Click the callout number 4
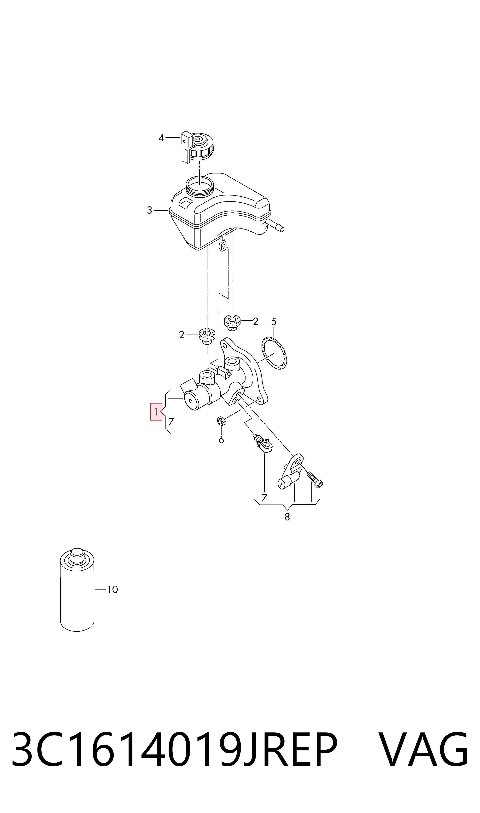[x=161, y=138]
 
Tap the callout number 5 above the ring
[x=274, y=322]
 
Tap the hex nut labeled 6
[x=221, y=421]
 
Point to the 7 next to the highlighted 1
[x=171, y=422]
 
